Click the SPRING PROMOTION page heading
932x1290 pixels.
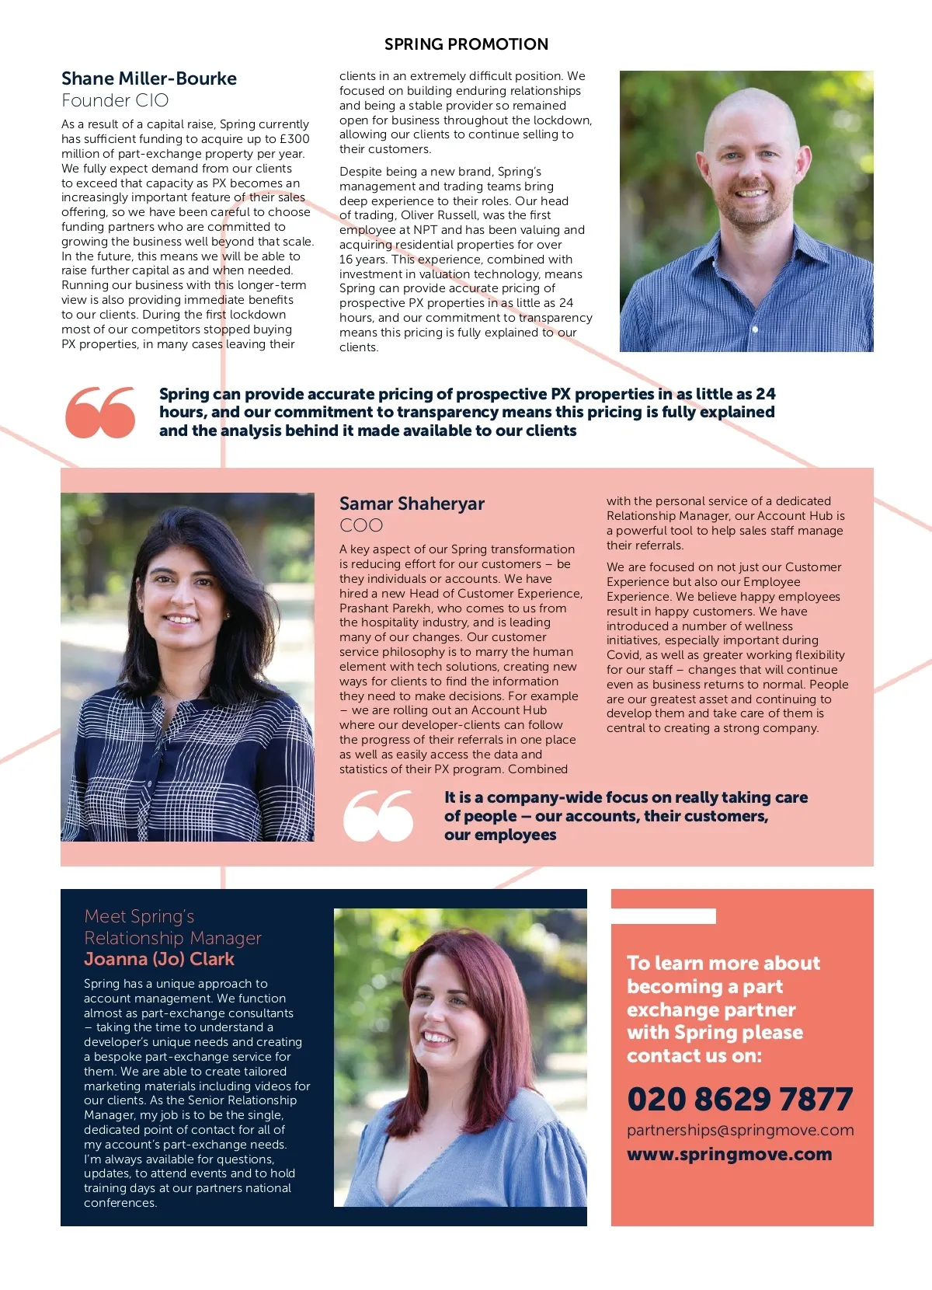pos(466,44)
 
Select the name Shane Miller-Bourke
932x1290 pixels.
pos(149,78)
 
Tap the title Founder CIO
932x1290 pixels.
pos(115,100)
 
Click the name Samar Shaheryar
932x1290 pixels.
pos(412,504)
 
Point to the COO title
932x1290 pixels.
pos(361,525)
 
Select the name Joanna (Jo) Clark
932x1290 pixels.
pos(159,959)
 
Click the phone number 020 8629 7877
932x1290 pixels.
pos(739,1099)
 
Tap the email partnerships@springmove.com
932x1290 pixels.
pos(740,1130)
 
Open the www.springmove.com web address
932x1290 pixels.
pos(729,1154)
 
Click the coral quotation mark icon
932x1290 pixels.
pos(100,412)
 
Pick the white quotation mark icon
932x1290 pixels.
pos(378,816)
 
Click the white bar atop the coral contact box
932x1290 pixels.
pos(663,916)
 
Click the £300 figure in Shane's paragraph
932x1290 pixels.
pos(294,139)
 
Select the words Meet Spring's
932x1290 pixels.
pos(139,916)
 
